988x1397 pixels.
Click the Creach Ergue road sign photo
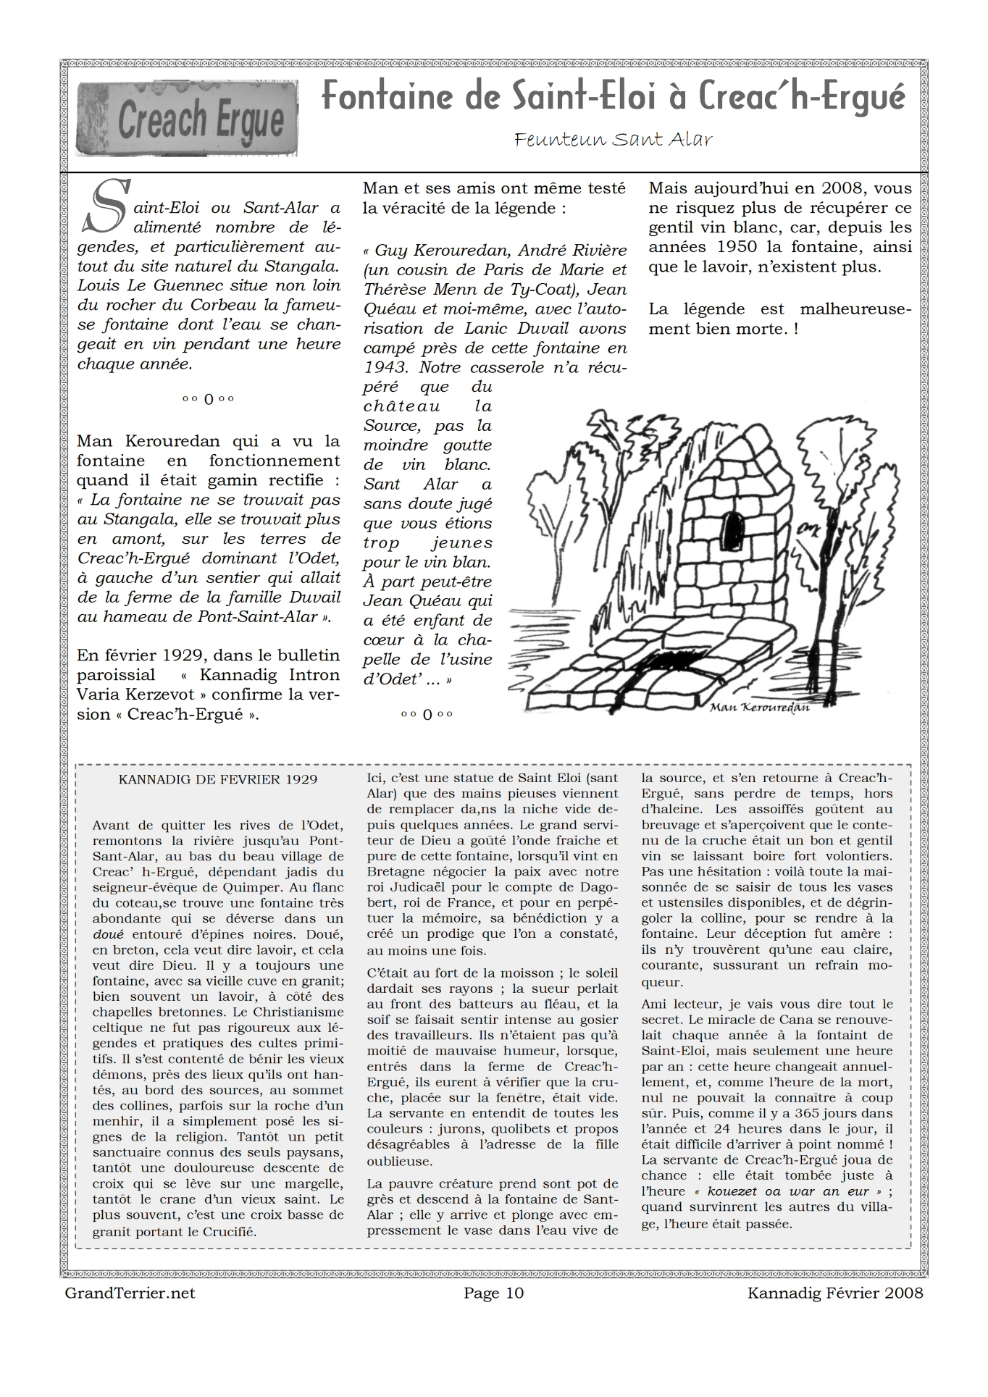click(187, 118)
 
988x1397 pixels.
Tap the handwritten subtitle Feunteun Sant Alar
click(613, 139)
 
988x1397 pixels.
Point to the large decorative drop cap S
click(106, 206)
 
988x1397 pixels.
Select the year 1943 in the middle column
click(385, 367)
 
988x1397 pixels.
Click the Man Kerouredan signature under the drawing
click(759, 707)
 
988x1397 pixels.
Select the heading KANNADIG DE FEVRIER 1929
click(218, 779)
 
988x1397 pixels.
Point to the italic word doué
click(108, 934)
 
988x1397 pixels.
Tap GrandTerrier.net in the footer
click(130, 1293)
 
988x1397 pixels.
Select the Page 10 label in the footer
click(493, 1293)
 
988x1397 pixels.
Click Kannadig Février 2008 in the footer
click(835, 1293)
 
